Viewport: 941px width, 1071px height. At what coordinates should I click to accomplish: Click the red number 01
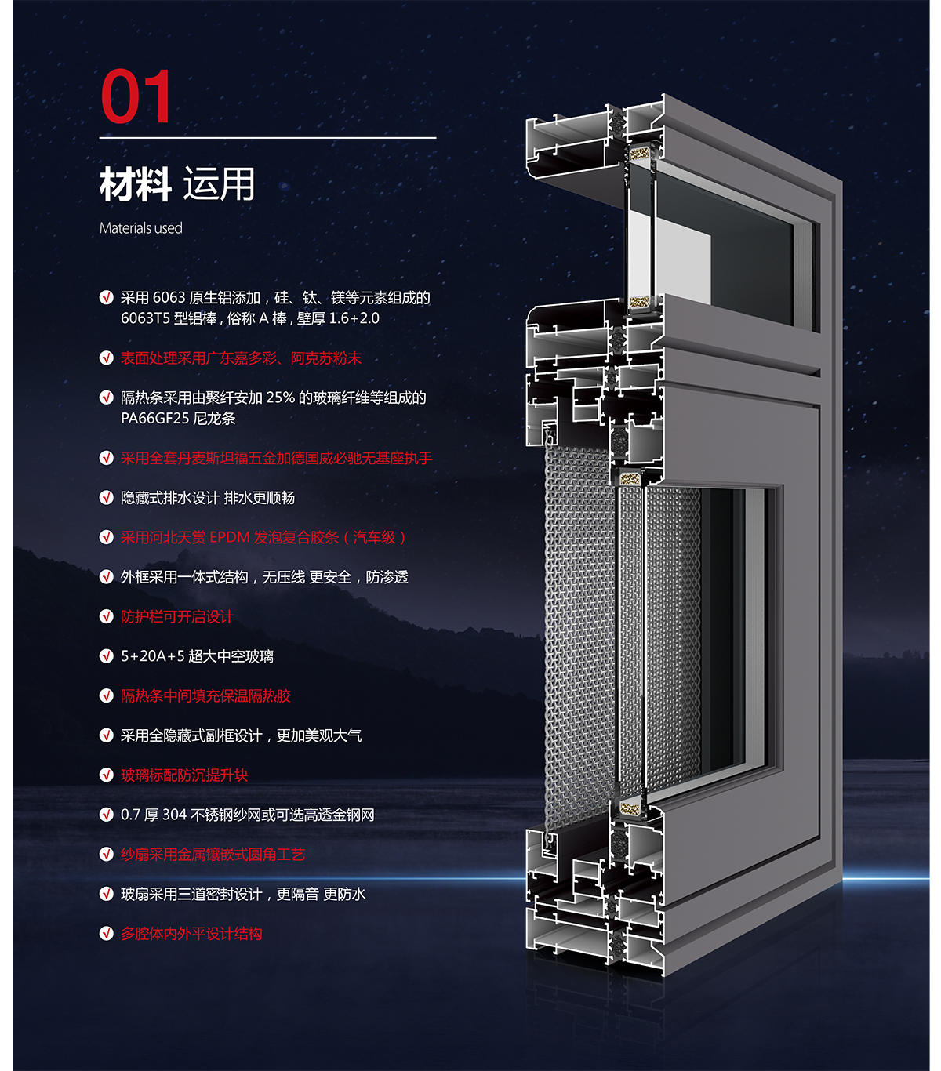tap(136, 96)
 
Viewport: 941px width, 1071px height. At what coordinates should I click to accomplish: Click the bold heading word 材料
tap(135, 185)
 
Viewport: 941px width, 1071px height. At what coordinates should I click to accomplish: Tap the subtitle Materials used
tap(141, 228)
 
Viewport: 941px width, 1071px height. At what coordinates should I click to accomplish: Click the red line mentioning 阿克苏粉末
tap(241, 358)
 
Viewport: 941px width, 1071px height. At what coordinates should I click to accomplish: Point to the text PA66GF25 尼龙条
tap(178, 418)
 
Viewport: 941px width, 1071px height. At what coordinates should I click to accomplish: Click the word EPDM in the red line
tap(230, 537)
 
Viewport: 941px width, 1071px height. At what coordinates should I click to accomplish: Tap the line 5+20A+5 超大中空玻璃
tap(197, 656)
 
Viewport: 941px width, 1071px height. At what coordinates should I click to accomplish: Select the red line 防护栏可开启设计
tap(177, 616)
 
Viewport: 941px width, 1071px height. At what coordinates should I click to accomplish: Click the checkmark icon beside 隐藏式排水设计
tap(107, 498)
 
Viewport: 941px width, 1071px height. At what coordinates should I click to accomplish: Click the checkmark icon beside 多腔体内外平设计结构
tap(107, 934)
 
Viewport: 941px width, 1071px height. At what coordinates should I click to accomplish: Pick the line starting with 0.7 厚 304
tap(247, 815)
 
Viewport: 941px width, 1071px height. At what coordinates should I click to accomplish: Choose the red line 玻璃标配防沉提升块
tap(184, 775)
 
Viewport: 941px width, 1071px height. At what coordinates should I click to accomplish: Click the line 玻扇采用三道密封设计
tap(243, 894)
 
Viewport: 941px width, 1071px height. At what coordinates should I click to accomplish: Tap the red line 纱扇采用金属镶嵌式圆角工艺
tap(213, 855)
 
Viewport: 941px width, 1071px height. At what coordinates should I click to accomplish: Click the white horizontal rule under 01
tap(267, 138)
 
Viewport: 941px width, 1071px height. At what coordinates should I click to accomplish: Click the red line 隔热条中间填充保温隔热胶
tap(205, 695)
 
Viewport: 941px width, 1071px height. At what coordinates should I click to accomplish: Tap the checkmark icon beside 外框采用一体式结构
tap(107, 577)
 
